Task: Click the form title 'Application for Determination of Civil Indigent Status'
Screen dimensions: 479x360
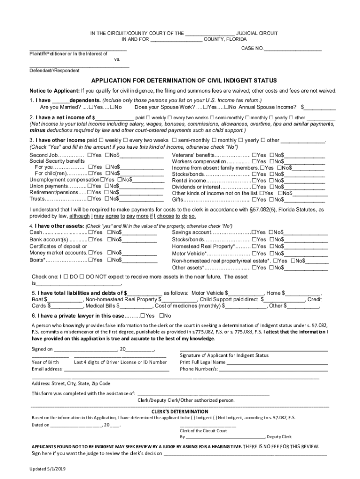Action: coord(184,80)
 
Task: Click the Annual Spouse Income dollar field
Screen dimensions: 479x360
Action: coord(321,107)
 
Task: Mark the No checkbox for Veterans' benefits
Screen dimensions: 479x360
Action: coord(271,155)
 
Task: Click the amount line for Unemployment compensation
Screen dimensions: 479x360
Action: coord(149,180)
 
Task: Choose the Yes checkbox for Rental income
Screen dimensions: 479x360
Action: coord(254,180)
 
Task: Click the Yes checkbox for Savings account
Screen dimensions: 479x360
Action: coord(254,232)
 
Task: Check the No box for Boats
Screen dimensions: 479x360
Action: coord(109,260)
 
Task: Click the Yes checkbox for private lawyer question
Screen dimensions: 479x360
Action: coord(143,316)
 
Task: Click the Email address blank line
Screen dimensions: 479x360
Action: coord(117,369)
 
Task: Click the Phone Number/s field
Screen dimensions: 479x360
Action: coord(274,369)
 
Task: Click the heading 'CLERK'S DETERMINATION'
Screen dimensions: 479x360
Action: coord(180,411)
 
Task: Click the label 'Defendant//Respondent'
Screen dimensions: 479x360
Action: coord(54,71)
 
